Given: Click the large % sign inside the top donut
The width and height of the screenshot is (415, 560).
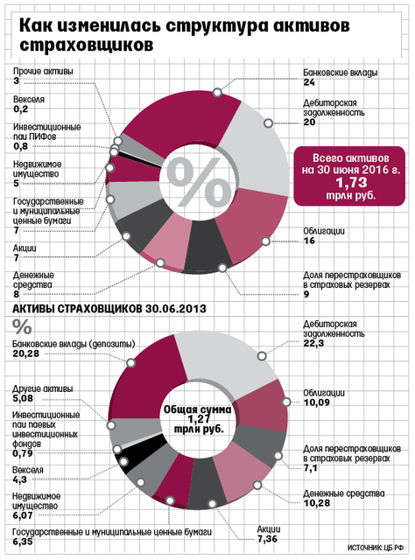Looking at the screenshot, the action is (x=199, y=183).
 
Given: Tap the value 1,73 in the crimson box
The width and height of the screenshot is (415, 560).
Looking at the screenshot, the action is (x=350, y=183).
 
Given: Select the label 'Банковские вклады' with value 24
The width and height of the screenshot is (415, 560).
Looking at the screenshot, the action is (x=340, y=73).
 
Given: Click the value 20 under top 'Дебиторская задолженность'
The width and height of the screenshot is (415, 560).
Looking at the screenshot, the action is (x=309, y=122).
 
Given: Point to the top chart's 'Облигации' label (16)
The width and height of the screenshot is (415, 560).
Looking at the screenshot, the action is (x=324, y=231).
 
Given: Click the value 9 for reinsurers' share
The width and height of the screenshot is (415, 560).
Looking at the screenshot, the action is (x=306, y=294).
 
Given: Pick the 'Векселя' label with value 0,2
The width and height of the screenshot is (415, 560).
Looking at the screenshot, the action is (x=29, y=99).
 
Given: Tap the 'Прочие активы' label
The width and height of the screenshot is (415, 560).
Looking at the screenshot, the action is (x=43, y=71).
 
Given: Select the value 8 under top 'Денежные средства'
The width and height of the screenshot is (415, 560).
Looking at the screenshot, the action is (x=17, y=294).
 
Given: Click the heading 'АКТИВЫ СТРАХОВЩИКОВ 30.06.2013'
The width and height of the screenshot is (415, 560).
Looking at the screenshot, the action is (x=109, y=309).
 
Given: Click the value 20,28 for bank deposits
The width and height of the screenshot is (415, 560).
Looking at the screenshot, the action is (x=25, y=353).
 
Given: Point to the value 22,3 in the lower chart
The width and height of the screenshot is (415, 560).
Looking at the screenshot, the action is (x=313, y=343).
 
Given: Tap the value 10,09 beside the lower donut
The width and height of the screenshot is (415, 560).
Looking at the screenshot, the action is (x=316, y=402).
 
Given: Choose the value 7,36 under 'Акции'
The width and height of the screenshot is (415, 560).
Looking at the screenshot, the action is (x=267, y=539).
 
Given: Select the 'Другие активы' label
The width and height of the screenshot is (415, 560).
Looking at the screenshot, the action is (x=43, y=388).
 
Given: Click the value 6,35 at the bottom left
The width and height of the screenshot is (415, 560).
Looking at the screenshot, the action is (x=23, y=542).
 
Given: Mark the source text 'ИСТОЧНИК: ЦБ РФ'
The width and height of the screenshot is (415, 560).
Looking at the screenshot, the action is (x=376, y=548).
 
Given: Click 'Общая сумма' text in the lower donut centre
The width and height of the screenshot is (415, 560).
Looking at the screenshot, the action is (x=197, y=409).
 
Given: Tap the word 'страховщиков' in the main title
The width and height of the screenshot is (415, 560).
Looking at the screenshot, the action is (x=87, y=45).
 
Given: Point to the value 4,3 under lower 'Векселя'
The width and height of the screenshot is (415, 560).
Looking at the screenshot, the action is (x=19, y=479).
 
